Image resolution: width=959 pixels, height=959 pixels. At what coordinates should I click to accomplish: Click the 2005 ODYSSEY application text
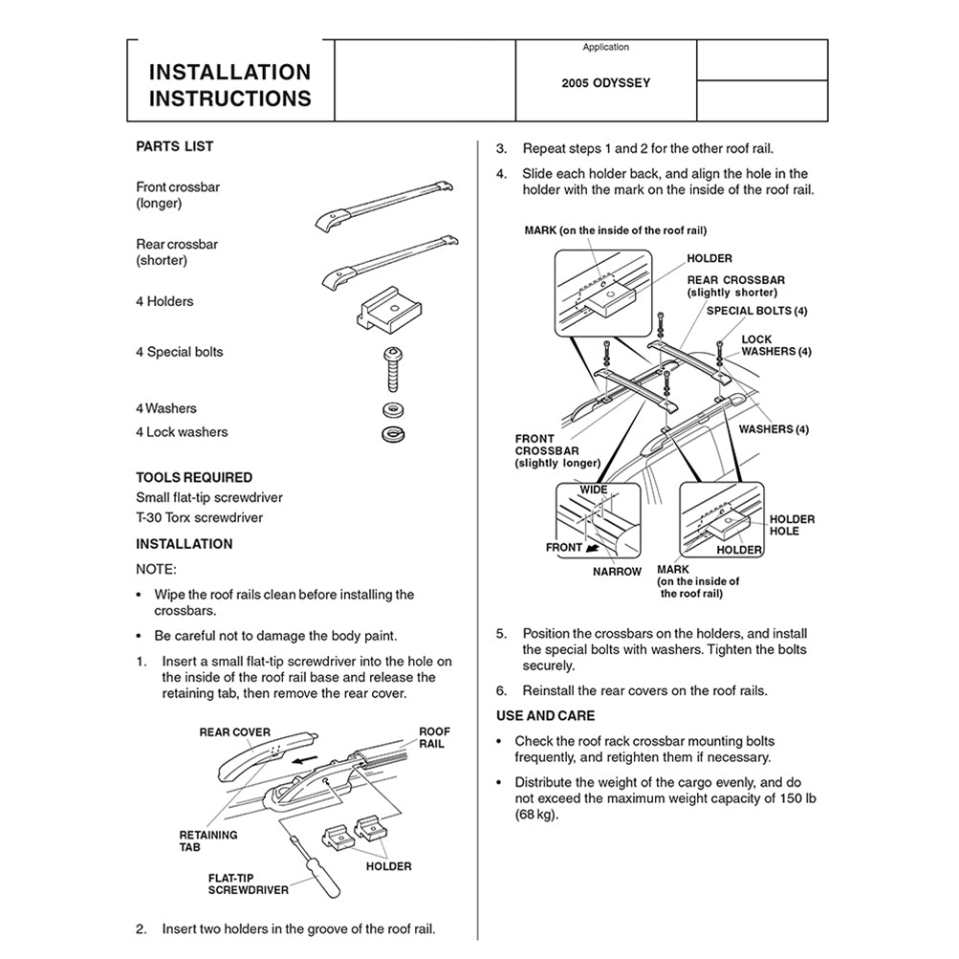[605, 83]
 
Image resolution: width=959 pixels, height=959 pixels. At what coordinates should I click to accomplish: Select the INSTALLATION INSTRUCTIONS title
[230, 85]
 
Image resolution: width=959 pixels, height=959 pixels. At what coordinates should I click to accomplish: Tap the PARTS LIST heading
[175, 146]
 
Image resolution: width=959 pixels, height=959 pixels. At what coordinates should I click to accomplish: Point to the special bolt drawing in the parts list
[391, 368]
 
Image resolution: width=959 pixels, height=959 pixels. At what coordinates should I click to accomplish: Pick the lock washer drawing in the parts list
[391, 434]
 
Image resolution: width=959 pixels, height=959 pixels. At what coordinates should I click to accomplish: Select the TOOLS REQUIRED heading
[194, 477]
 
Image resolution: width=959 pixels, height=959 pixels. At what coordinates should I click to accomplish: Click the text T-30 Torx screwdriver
[199, 518]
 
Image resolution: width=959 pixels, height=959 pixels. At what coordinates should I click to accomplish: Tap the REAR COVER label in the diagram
[234, 732]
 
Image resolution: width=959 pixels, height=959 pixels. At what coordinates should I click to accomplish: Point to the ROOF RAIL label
[434, 737]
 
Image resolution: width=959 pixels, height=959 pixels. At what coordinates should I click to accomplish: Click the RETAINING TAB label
[207, 840]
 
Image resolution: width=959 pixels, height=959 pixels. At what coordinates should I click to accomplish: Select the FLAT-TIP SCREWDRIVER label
[248, 883]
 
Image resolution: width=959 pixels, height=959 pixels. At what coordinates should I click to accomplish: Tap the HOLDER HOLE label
[792, 525]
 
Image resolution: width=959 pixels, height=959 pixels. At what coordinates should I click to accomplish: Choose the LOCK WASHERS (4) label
[775, 346]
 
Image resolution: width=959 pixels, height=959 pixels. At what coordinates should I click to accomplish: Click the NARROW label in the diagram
[617, 572]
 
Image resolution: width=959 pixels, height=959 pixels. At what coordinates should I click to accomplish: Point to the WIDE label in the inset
[594, 490]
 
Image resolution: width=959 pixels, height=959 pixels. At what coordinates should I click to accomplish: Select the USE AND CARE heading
[545, 715]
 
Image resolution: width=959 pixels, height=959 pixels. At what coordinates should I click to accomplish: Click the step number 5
[501, 633]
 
